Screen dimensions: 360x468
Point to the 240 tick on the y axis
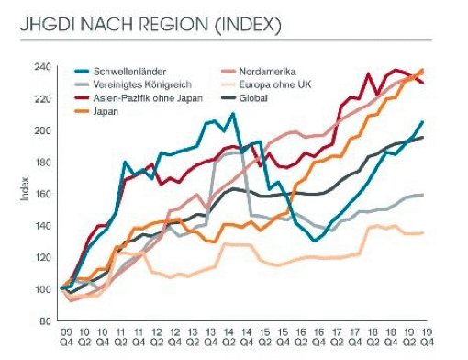pos(44,67)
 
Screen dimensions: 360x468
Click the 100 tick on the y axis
pos(44,289)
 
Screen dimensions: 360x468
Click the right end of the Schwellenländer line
pos(422,121)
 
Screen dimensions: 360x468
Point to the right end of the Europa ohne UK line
pos(422,232)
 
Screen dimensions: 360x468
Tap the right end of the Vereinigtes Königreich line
pos(422,195)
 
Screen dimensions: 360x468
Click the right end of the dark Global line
pos(422,138)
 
